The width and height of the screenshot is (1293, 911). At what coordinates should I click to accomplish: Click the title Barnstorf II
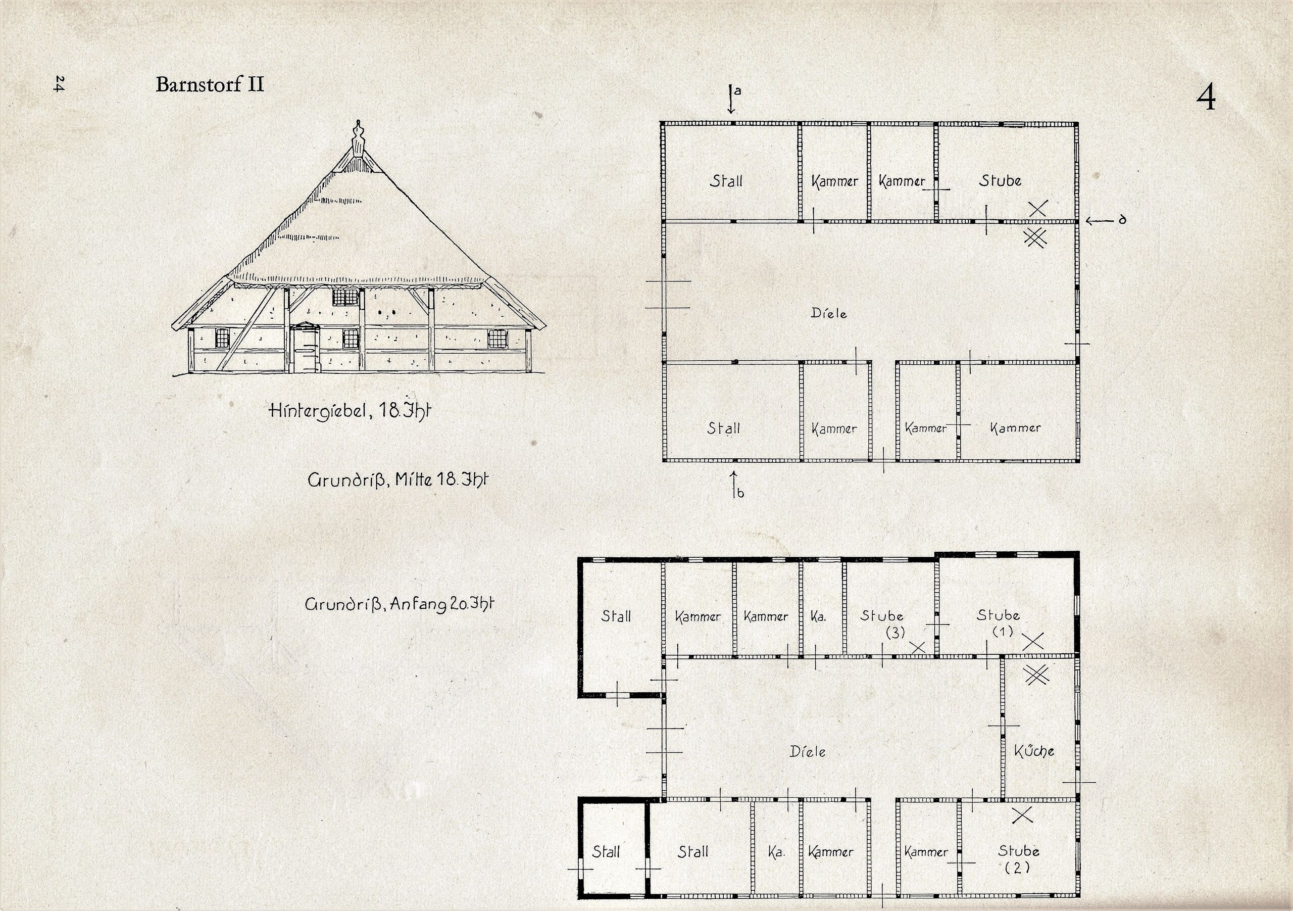coord(210,84)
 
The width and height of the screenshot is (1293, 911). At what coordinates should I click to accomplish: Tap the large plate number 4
coord(1206,98)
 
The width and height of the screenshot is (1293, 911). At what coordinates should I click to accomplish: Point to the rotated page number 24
coord(59,84)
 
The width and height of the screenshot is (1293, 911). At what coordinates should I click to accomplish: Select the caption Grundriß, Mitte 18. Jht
coord(397,480)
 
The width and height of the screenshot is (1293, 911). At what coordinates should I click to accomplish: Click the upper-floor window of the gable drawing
coord(346,297)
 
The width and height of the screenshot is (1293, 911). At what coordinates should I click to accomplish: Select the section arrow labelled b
coord(735,485)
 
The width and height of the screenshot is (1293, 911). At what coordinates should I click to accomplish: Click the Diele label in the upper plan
coord(828,313)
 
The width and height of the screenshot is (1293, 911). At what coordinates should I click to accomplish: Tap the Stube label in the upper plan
coord(1000,180)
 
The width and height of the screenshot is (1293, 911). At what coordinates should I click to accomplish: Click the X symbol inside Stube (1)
coord(1033,641)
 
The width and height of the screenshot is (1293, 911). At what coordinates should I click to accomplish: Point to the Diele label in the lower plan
coord(808,751)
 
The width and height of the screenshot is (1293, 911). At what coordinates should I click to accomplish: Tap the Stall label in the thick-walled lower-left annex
coord(606,851)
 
